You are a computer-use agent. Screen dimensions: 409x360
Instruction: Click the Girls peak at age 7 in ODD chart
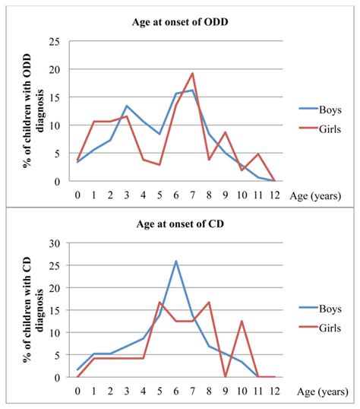click(x=192, y=74)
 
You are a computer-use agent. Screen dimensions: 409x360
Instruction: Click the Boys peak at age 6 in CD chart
click(x=176, y=262)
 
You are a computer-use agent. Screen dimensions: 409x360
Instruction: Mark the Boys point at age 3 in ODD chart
click(x=127, y=106)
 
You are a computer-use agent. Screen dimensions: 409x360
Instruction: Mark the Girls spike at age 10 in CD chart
click(x=242, y=321)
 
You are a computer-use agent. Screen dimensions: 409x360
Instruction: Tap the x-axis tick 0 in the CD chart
click(x=77, y=391)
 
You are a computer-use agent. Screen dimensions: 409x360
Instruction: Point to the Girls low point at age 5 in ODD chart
click(x=159, y=164)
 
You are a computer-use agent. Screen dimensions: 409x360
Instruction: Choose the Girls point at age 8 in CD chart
click(x=209, y=303)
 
